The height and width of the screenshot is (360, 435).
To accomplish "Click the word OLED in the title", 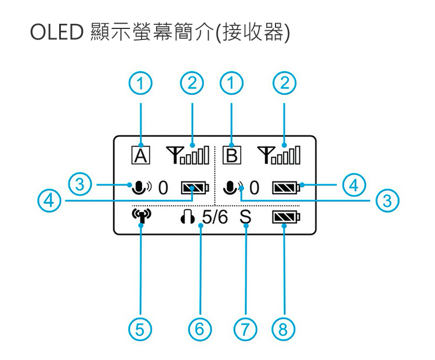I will coord(57,32).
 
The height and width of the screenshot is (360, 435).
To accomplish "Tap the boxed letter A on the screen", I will coord(141,155).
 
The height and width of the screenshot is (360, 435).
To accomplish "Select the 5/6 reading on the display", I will coord(215,218).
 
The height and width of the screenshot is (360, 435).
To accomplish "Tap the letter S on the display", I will coord(245,218).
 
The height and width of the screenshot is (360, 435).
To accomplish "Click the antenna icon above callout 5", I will coord(141,218).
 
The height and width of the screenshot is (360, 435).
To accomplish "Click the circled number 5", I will coord(140,330).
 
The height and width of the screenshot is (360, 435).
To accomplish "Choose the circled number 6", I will coord(200,330).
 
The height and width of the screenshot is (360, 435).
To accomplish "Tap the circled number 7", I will coord(246,330).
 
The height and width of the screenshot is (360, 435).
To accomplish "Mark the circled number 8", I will coord(283,330).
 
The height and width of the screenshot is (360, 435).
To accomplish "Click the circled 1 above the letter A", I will coord(140,84).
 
